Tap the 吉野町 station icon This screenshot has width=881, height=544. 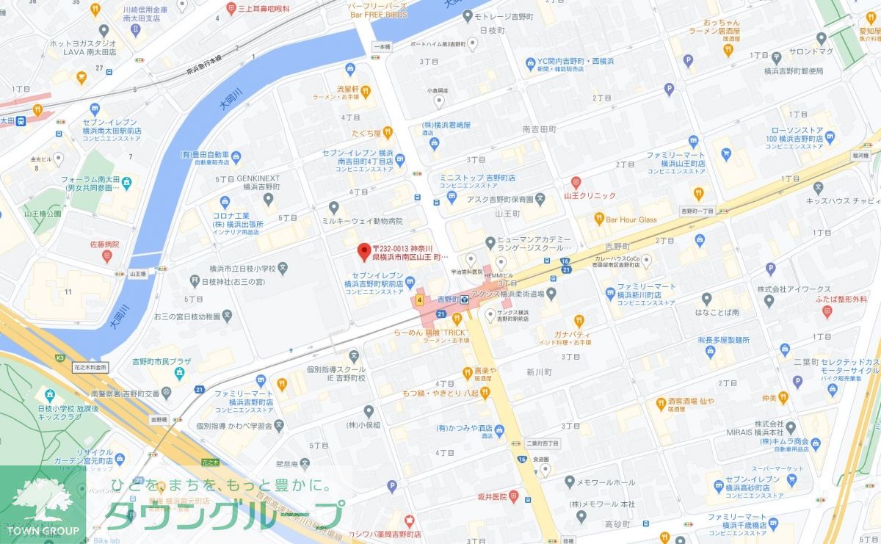point(465,300)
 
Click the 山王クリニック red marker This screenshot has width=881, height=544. point(576,181)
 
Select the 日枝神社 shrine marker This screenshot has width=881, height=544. point(194,280)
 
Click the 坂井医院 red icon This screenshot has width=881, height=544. point(515,497)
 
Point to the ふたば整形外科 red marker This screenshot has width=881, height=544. point(827,312)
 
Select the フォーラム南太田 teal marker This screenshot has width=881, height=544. point(126,180)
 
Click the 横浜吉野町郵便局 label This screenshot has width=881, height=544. point(792,71)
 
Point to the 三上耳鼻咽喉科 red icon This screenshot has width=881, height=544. point(231,9)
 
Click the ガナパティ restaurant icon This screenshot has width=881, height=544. point(579,320)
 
